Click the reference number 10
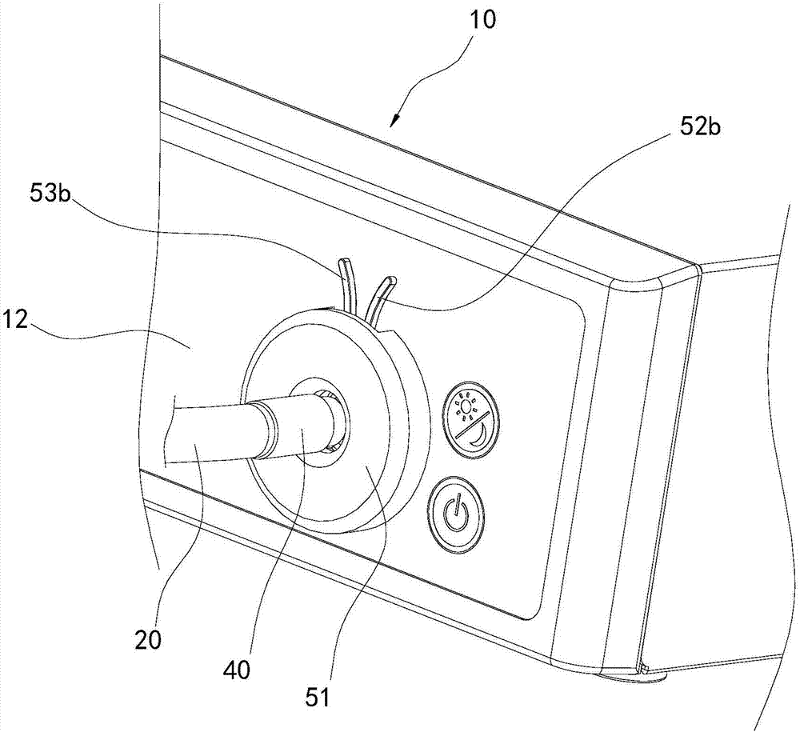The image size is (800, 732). tap(480, 20)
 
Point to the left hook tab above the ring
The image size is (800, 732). tap(346, 280)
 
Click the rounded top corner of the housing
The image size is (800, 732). tap(632, 282)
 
